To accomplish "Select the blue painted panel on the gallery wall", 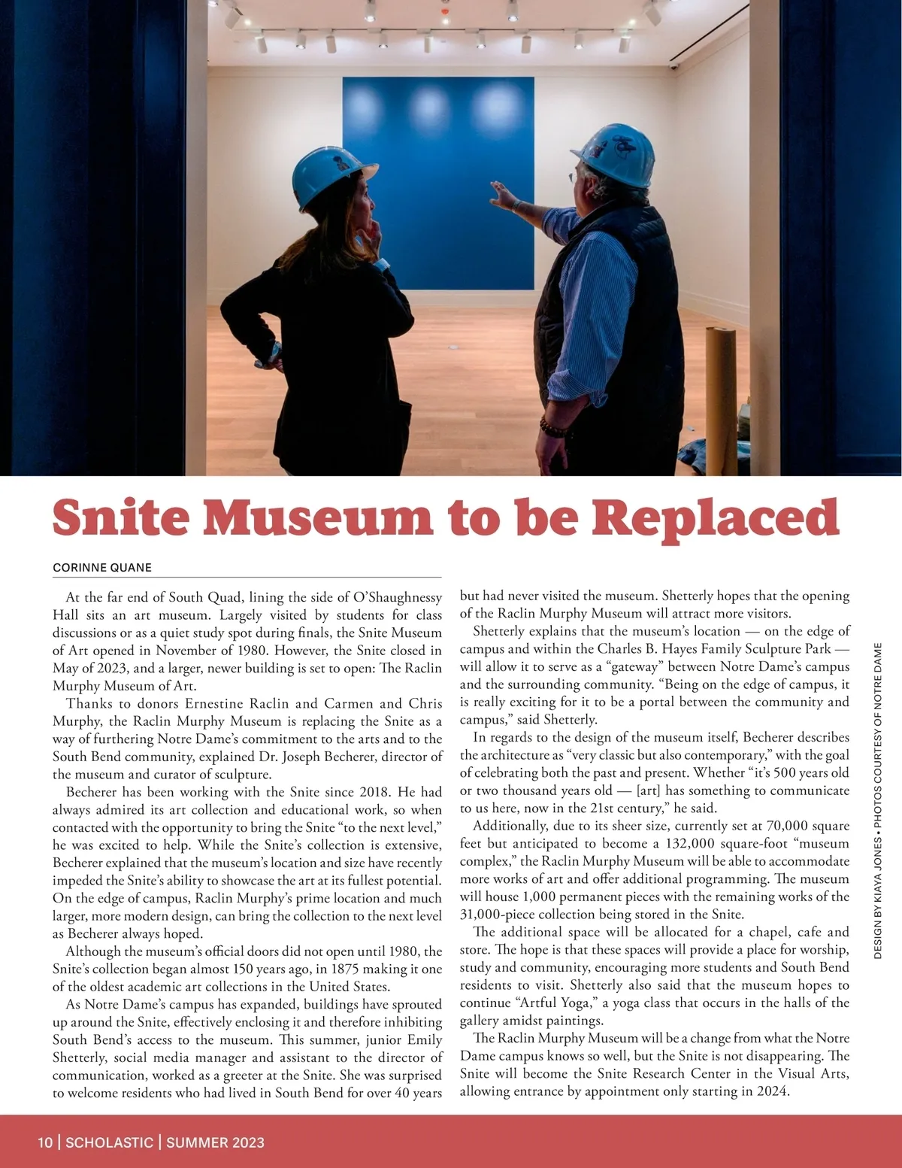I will click(x=438, y=181).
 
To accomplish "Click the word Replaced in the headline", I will click(x=714, y=519).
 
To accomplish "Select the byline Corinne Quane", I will click(x=102, y=567).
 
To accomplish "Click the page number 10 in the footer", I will click(x=45, y=1142).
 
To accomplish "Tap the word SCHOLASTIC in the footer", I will click(x=109, y=1142).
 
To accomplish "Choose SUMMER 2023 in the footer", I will click(x=215, y=1142).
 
